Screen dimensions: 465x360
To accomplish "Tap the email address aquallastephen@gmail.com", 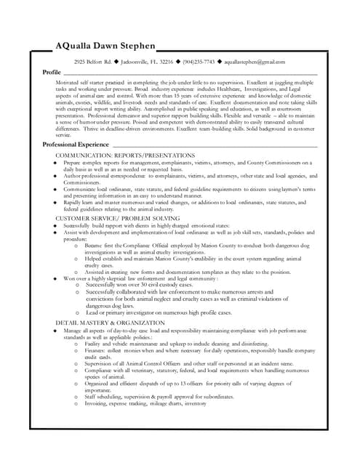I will pos(255,62).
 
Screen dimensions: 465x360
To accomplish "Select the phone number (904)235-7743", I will pos(198,62).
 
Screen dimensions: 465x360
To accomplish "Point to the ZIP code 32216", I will pos(165,62).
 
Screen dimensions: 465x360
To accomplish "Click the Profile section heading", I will pos(52,73).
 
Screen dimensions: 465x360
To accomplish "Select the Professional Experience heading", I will pos(76,145).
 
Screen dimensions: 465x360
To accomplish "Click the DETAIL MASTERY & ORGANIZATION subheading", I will pos(110,323).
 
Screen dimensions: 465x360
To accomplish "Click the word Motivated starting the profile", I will pos(69,84).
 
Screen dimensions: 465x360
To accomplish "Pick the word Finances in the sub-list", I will pos(97,350).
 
